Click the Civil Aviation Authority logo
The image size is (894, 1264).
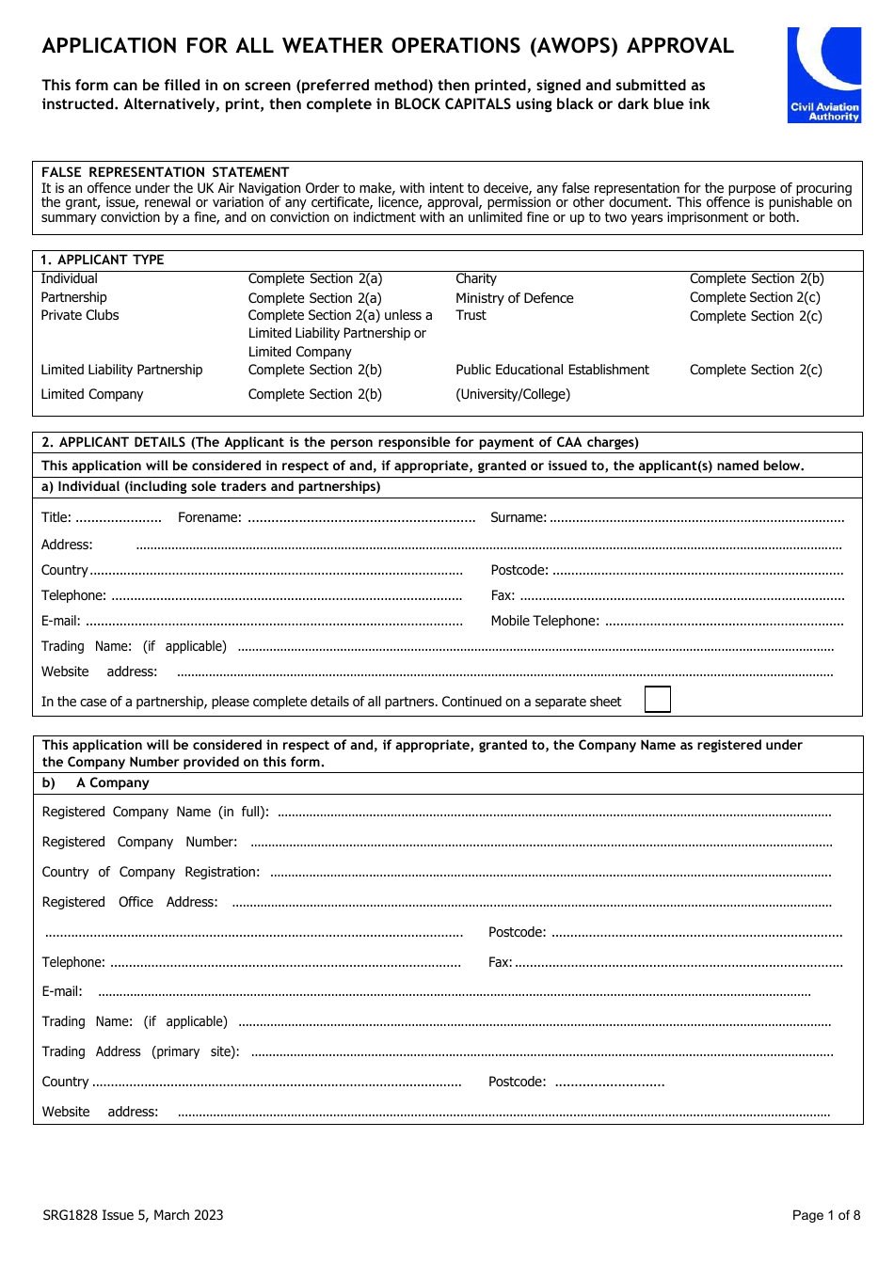(824, 74)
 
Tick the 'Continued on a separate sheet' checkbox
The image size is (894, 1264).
(657, 700)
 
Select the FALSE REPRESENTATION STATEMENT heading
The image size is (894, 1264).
(165, 172)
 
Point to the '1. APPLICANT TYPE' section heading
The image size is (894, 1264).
(102, 260)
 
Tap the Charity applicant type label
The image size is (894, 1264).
(476, 278)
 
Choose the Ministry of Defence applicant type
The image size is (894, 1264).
(514, 298)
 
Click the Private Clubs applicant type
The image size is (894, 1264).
(80, 315)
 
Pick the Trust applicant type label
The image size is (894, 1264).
(471, 315)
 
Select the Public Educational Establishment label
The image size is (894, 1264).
(552, 370)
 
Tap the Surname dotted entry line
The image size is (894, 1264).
(696, 518)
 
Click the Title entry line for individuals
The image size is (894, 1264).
(119, 518)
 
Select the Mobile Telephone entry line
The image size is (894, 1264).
(724, 622)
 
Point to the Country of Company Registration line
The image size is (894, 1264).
(551, 873)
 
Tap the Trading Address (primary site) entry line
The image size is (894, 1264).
(541, 1052)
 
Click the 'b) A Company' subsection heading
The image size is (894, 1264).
(96, 782)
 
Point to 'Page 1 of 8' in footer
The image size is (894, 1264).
(826, 1215)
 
